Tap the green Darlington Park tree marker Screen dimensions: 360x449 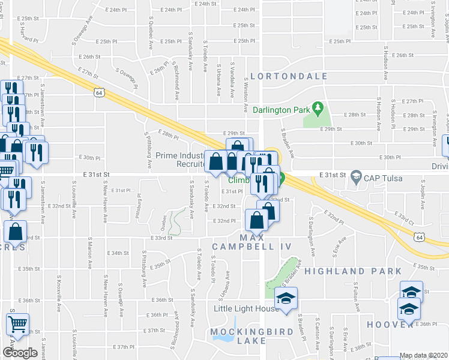tap(319, 110)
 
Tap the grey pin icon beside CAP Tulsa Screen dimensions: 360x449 tap(357, 176)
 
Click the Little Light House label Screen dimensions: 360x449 tap(247, 308)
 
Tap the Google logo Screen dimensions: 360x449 tap(20, 353)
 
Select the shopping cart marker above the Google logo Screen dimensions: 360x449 tap(18, 324)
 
